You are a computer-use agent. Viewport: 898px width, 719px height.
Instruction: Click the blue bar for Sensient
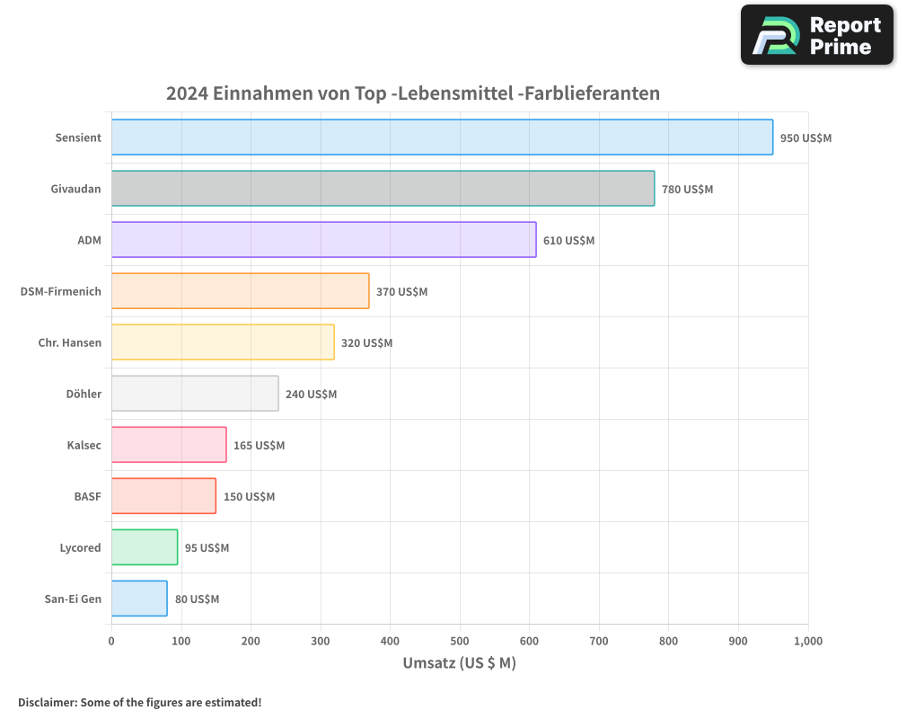(x=442, y=138)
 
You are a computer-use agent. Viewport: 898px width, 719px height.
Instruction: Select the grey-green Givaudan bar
(x=383, y=189)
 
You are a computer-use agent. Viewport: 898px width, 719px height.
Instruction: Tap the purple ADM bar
(x=323, y=240)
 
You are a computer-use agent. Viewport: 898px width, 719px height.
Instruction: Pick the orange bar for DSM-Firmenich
(x=240, y=291)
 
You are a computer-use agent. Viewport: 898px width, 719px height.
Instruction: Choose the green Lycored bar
(x=144, y=547)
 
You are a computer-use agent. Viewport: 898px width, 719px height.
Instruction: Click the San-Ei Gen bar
(x=138, y=599)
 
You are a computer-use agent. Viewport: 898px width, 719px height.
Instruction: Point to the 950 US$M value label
(x=806, y=138)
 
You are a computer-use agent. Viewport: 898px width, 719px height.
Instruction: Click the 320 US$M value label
(x=366, y=343)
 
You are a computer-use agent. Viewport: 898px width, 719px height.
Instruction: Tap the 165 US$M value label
(x=259, y=446)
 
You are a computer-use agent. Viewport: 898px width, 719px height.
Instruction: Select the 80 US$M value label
(x=197, y=599)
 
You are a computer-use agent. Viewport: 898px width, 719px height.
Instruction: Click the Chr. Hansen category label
(x=70, y=342)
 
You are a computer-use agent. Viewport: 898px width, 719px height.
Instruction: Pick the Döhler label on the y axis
(x=84, y=394)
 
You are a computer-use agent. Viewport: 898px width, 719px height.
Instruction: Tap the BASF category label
(x=87, y=496)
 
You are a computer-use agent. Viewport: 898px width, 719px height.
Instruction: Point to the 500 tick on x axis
(x=460, y=641)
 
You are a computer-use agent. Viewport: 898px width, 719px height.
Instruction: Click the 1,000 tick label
(x=807, y=641)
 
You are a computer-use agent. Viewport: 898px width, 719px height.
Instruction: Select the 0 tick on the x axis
(x=111, y=641)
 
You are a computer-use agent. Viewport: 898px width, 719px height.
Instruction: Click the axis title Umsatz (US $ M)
(x=459, y=663)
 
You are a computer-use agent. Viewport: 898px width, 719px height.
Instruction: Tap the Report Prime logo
(x=816, y=35)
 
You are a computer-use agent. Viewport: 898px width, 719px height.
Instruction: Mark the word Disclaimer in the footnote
(x=47, y=702)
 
